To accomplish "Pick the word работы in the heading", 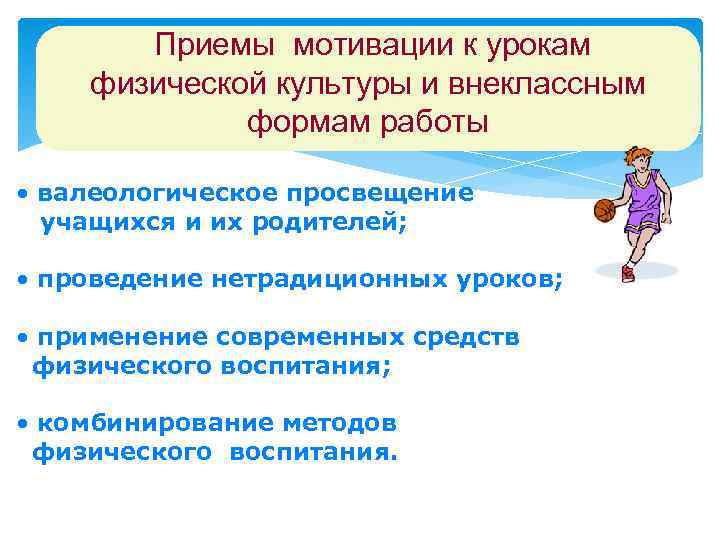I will pyautogui.click(x=432, y=124).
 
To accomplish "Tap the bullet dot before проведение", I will pyautogui.click(x=23, y=282).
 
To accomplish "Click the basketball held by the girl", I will pyautogui.click(x=604, y=210).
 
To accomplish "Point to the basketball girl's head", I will pyautogui.click(x=636, y=158).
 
